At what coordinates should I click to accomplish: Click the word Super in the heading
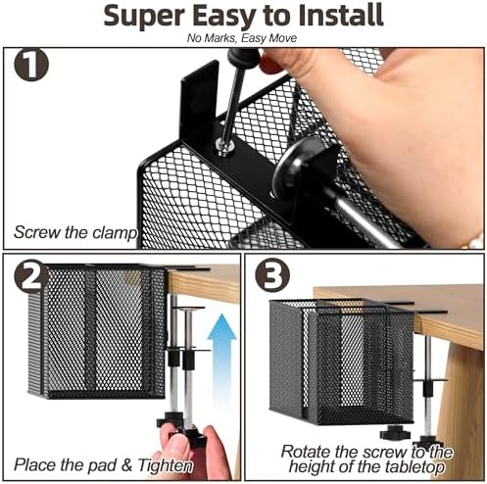click(144, 16)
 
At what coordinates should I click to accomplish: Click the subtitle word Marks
click(219, 38)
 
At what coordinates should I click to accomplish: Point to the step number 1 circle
click(31, 65)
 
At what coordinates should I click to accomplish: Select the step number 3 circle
click(272, 274)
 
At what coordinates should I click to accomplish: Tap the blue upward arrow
click(221, 355)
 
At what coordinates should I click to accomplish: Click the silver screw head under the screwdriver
click(224, 146)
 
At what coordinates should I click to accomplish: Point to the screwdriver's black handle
click(244, 59)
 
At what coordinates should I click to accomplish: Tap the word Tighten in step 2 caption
click(165, 465)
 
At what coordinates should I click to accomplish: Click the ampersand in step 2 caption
click(126, 465)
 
